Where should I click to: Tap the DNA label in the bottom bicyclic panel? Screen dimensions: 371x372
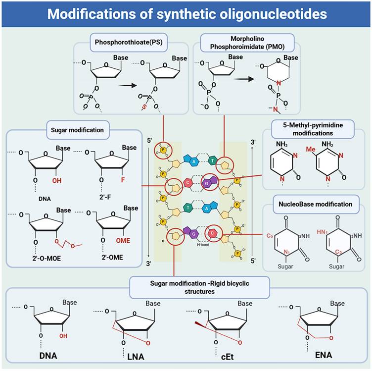47,355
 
